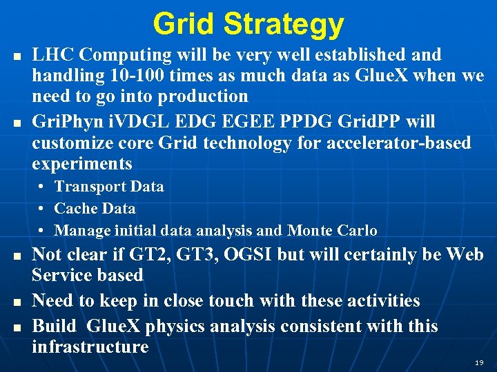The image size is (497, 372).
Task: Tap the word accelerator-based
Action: pyautogui.click(x=400, y=143)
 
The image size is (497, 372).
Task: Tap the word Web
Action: pyautogui.click(x=465, y=255)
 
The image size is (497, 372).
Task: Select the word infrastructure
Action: pyautogui.click(x=90, y=347)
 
